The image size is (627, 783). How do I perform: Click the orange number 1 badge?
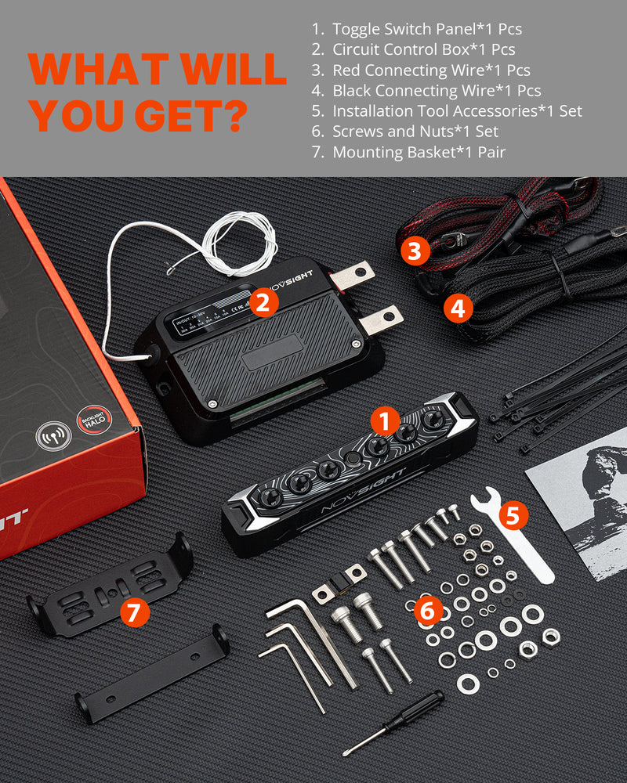(384, 422)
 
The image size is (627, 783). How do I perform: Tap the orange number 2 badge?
(265, 301)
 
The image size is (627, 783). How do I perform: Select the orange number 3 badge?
(415, 251)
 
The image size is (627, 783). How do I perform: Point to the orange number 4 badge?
(458, 309)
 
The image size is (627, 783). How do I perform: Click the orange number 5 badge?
(513, 514)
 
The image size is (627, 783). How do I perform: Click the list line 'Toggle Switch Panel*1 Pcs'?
(426, 29)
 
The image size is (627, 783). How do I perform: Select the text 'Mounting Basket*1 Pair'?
(419, 152)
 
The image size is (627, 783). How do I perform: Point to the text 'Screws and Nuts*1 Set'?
(415, 132)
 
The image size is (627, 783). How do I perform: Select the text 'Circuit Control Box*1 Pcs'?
(423, 49)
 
